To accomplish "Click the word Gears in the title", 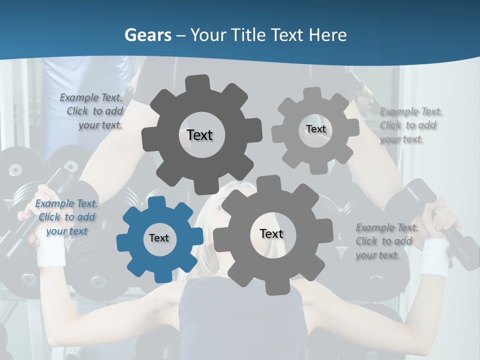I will tap(147, 35).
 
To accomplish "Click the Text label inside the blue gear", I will tap(159, 238).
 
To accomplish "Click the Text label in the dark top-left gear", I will tap(199, 135).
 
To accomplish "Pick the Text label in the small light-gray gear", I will tap(315, 129).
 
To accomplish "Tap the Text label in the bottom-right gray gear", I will tap(271, 233).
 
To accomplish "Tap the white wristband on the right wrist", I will tap(434, 256).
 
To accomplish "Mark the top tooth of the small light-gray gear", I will tap(312, 95).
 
